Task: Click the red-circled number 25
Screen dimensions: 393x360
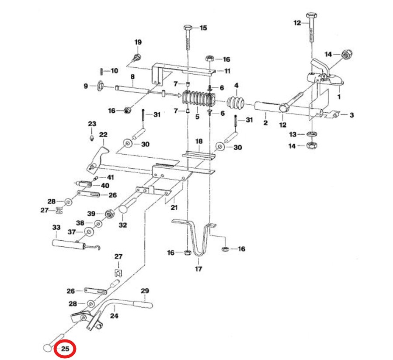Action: point(65,349)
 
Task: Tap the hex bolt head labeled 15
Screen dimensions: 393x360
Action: point(188,28)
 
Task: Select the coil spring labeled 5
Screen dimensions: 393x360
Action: point(199,99)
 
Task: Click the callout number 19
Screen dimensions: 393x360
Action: point(138,42)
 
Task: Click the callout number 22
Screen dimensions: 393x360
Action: point(103,135)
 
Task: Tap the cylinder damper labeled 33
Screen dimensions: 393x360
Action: point(69,245)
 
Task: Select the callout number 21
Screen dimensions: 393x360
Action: point(174,208)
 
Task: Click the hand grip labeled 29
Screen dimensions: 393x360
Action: point(143,305)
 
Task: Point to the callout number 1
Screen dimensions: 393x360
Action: point(339,97)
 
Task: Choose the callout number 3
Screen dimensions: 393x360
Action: point(351,115)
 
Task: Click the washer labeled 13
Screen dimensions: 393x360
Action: point(312,134)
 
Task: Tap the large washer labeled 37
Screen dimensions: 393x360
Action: point(89,232)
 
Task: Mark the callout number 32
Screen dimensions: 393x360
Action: point(123,225)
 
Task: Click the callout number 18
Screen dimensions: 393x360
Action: point(199,141)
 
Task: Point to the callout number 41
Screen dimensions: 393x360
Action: point(111,177)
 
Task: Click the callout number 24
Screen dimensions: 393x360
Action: point(114,316)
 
